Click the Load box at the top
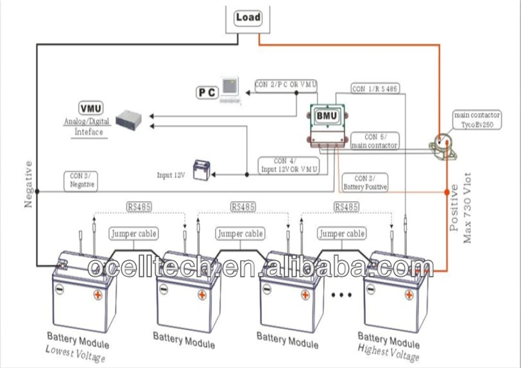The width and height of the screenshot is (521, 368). click(x=248, y=17)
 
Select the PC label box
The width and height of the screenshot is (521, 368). click(x=207, y=92)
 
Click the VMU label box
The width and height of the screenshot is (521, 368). click(x=90, y=108)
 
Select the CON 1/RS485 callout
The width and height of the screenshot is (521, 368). click(x=375, y=88)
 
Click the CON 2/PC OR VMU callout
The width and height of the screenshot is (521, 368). click(x=286, y=85)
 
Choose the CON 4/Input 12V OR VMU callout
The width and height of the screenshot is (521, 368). click(x=288, y=164)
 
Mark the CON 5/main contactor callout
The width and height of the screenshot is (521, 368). click(x=375, y=141)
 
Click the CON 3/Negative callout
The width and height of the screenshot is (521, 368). click(x=81, y=180)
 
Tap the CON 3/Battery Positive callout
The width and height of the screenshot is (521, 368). click(x=364, y=182)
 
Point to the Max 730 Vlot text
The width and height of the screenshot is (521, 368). click(x=468, y=207)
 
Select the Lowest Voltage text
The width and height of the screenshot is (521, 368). click(x=76, y=353)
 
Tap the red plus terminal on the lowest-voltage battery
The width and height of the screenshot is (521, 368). click(x=98, y=295)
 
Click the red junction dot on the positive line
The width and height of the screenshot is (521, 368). click(x=447, y=191)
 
